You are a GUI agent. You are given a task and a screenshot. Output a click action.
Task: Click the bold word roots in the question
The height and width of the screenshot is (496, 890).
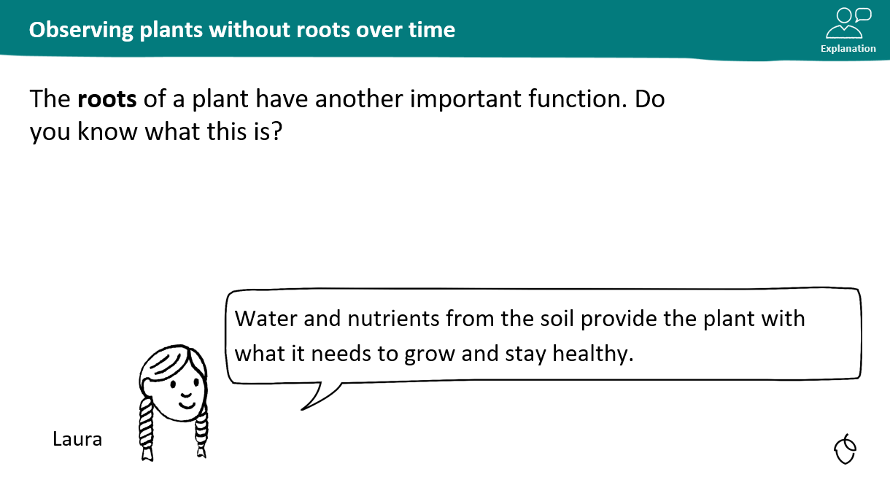107,99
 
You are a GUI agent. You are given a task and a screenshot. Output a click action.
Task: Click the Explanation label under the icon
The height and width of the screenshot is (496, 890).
848,48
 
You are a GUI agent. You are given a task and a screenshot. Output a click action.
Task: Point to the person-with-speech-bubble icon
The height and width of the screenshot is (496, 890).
848,23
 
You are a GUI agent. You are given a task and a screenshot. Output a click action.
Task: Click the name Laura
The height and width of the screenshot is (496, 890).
77,439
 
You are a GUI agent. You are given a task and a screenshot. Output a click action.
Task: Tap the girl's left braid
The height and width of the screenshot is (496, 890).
146,429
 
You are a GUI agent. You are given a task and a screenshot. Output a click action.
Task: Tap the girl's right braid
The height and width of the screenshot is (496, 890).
201,433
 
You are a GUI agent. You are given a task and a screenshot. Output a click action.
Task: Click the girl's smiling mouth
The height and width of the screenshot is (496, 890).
187,405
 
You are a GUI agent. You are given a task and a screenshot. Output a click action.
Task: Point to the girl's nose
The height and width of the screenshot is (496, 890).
186,395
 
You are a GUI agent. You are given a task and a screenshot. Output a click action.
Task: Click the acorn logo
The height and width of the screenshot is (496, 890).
845,449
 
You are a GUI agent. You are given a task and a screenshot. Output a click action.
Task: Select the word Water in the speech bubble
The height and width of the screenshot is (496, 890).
266,319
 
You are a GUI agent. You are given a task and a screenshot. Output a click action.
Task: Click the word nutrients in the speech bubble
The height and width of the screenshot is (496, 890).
393,319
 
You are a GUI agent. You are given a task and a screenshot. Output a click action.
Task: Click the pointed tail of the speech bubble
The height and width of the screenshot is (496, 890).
302,409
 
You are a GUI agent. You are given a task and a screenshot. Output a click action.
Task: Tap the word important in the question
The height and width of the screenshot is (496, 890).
465,99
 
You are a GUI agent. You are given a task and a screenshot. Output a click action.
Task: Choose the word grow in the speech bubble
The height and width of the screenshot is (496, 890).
430,354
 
